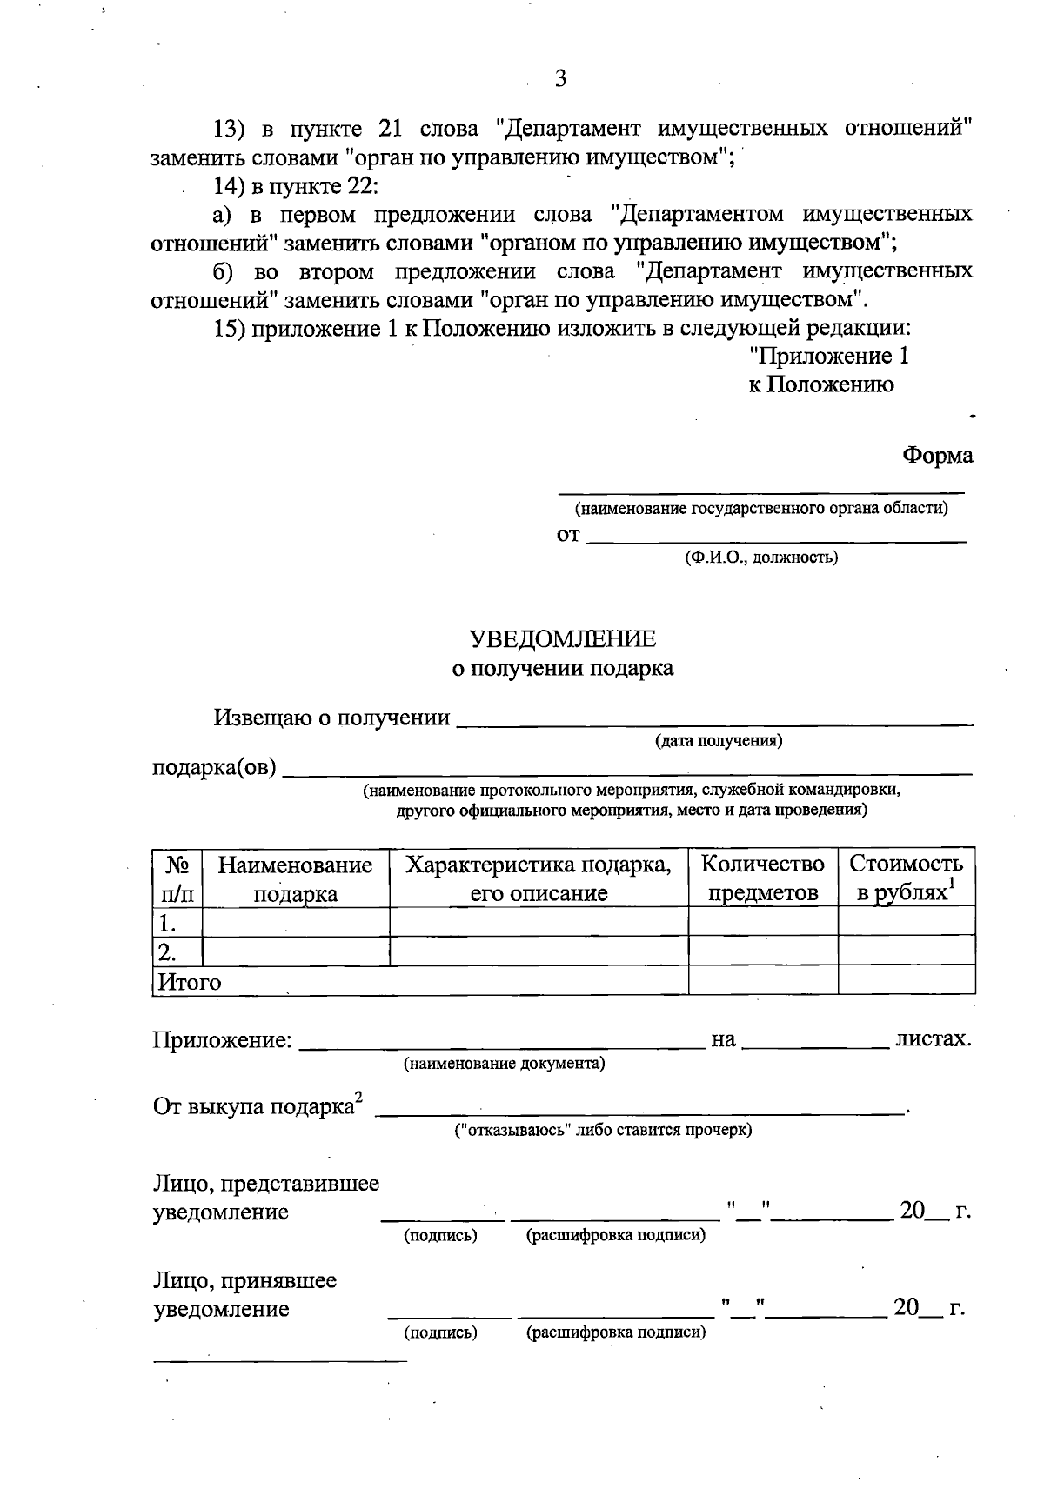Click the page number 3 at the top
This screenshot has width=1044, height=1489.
coord(560,79)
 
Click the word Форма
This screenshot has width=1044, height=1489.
coord(937,455)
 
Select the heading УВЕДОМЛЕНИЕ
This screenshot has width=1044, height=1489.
coord(562,639)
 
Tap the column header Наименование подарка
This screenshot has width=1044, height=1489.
coord(295,878)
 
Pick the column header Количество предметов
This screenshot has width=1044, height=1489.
coord(762,878)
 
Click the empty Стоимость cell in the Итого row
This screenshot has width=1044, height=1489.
coord(906,980)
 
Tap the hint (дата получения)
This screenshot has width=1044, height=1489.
coord(718,741)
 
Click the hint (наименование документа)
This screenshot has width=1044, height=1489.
coord(504,1064)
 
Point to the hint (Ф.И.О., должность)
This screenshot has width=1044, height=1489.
coord(761,558)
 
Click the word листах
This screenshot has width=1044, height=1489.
coord(933,1038)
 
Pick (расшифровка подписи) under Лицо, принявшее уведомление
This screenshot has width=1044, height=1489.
coord(616,1332)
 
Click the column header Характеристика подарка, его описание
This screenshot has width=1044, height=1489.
coord(539,878)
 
